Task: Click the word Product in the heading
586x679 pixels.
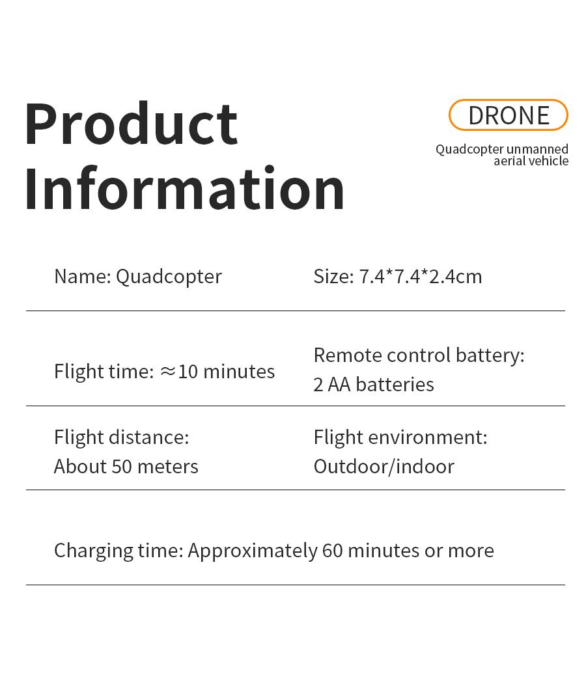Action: click(131, 124)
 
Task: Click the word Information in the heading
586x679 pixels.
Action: click(184, 189)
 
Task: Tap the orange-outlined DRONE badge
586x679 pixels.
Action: click(509, 115)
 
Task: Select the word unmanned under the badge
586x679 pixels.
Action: click(537, 149)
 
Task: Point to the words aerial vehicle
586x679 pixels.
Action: click(531, 161)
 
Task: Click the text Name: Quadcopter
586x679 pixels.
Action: click(138, 276)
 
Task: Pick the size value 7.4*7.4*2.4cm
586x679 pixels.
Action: click(421, 276)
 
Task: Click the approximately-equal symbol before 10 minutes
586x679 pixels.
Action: click(168, 371)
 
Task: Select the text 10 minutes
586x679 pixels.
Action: click(227, 371)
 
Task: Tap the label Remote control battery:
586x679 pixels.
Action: click(419, 355)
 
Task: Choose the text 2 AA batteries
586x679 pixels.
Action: click(374, 384)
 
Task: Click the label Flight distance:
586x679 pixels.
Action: click(122, 437)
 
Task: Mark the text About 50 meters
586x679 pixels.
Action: click(126, 466)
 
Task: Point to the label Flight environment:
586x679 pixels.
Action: click(400, 437)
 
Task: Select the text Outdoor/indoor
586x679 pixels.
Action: click(384, 466)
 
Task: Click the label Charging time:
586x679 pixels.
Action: click(119, 550)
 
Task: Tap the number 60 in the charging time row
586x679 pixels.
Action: click(332, 550)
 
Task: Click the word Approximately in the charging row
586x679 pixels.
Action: click(253, 551)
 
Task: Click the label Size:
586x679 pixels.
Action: click(333, 276)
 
